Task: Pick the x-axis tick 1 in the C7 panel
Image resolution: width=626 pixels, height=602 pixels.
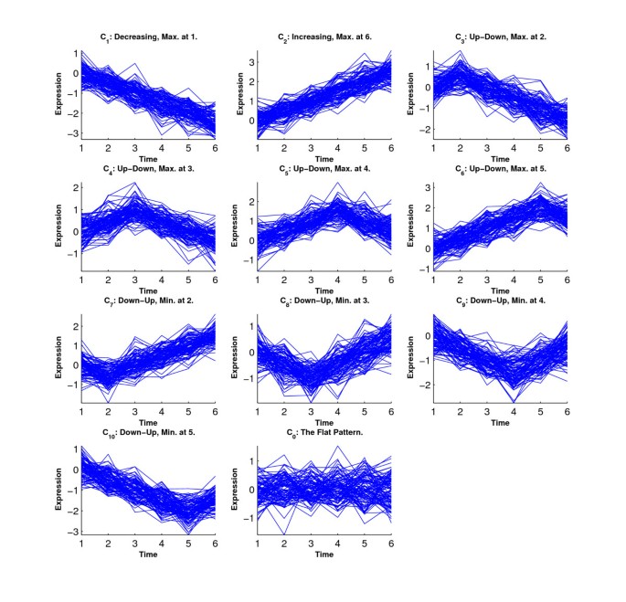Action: coord(80,413)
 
